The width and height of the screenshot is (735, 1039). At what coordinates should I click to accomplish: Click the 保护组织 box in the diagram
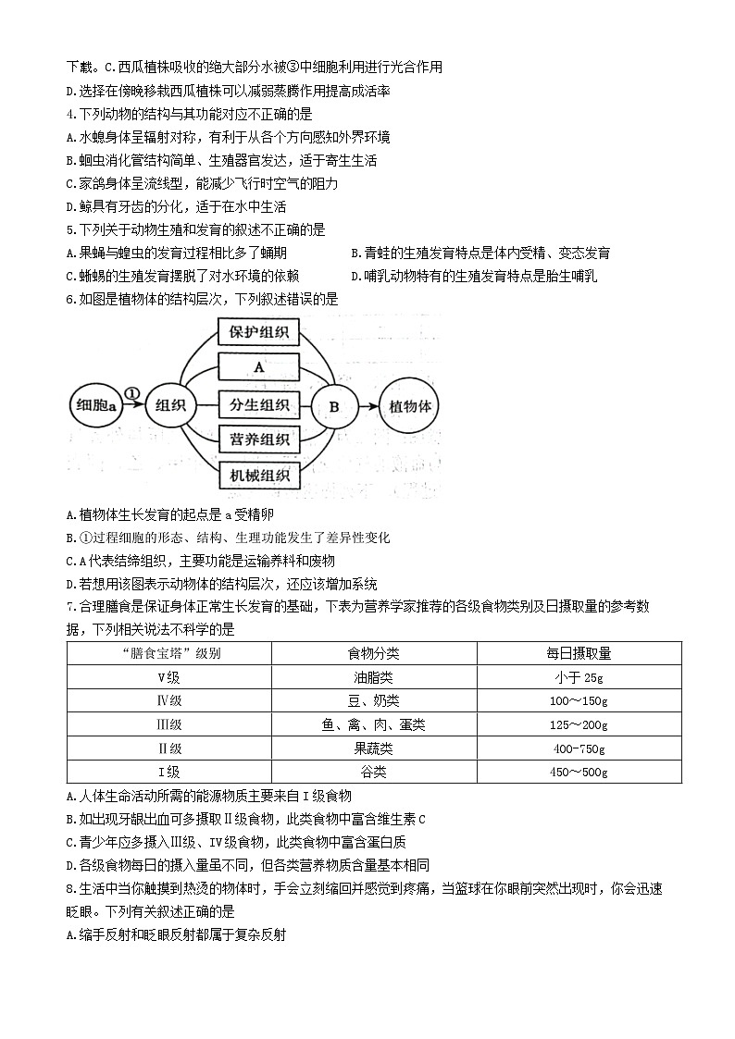click(258, 333)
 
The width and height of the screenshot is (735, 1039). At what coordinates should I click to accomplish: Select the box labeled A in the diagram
click(258, 367)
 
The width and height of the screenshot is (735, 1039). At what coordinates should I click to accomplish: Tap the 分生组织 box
click(258, 404)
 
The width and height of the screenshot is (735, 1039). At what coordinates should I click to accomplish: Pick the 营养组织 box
click(258, 439)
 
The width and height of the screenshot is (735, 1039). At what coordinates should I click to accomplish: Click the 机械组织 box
click(258, 476)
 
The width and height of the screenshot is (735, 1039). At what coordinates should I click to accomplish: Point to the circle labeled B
click(334, 405)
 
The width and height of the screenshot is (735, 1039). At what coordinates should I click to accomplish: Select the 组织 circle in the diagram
click(171, 405)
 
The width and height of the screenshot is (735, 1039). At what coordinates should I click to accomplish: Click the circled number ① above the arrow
click(131, 393)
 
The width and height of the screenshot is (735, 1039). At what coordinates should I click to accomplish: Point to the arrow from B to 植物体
click(367, 405)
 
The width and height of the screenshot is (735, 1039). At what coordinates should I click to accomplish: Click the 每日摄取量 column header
click(579, 653)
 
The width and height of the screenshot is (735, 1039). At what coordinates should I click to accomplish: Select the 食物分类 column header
click(373, 653)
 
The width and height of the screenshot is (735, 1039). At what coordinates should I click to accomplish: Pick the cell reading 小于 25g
click(579, 676)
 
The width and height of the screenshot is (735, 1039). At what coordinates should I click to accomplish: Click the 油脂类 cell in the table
click(373, 676)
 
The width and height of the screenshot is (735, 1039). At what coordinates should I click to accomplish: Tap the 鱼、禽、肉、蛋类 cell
click(373, 724)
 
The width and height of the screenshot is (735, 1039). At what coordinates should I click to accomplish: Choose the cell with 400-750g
click(579, 748)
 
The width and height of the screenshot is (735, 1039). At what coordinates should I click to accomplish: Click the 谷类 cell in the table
click(373, 772)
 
